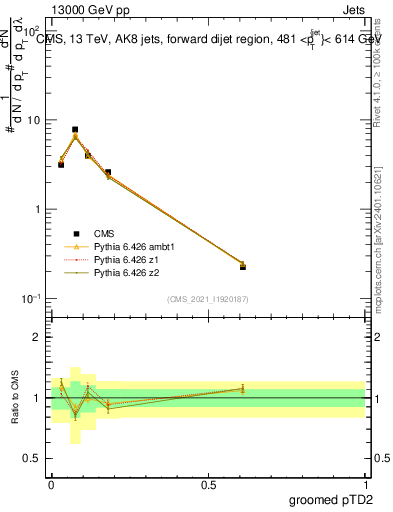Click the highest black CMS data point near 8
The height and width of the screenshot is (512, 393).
coord(75,130)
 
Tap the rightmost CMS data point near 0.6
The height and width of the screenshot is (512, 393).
coord(243,267)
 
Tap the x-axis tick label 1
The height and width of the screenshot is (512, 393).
coord(366,483)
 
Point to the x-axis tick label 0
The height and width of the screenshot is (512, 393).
coord(51,483)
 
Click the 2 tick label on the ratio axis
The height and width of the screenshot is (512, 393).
coord(38,337)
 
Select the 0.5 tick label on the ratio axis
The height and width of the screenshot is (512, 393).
coord(33,460)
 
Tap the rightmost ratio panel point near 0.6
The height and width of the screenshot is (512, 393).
coord(243,389)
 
